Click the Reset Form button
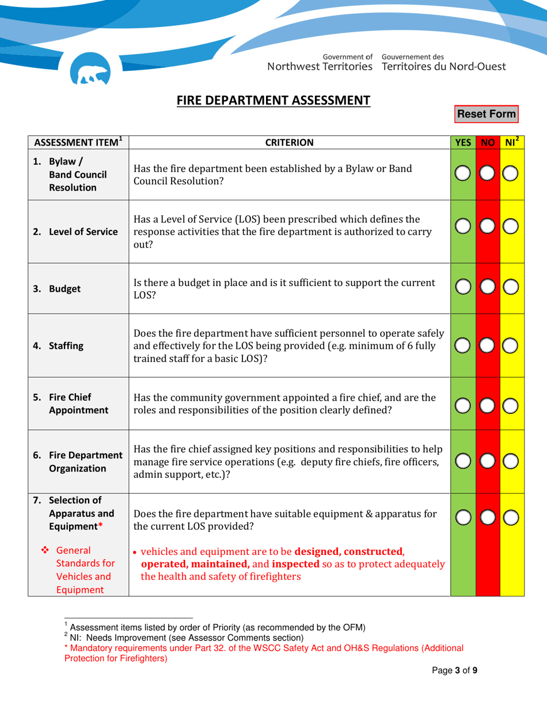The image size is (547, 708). point(487,114)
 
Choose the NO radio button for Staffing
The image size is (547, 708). point(487,346)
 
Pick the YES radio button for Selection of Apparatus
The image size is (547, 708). point(462,517)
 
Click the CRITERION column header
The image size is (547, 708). point(289,142)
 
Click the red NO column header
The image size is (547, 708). point(488,142)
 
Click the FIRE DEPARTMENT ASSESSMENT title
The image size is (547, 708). point(273,100)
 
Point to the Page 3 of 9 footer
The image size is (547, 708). point(455,670)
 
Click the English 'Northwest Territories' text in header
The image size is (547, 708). point(320,66)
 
